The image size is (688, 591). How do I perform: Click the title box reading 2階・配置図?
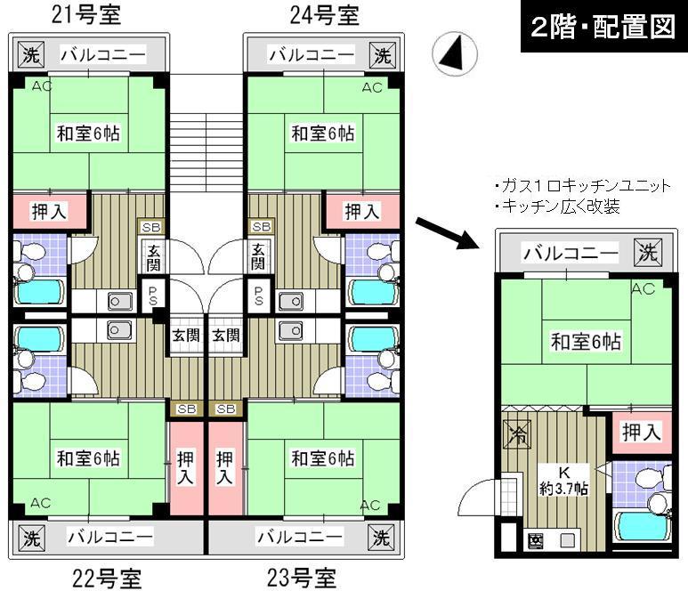602,27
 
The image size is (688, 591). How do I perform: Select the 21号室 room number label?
85,15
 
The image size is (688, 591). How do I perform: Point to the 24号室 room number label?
322,15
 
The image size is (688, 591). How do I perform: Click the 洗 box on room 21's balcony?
28,55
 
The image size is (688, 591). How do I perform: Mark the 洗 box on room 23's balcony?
380,538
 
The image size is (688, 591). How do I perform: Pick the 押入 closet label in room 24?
361,212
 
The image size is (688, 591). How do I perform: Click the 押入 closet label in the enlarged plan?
641,433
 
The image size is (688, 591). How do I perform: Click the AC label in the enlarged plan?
643,288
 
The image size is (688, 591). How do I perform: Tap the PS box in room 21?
152,295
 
